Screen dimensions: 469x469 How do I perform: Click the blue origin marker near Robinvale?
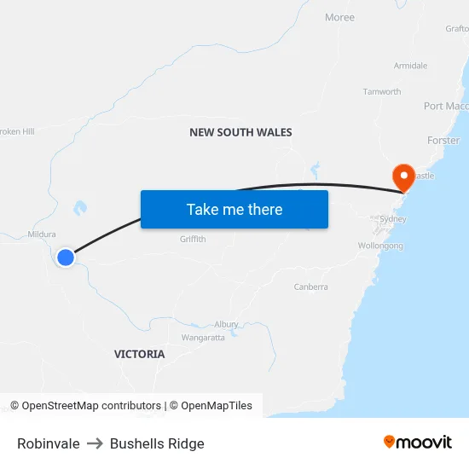pyautogui.click(x=66, y=257)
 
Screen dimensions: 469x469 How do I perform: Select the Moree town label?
pyautogui.click(x=339, y=17)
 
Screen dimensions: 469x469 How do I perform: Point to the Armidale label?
pyautogui.click(x=410, y=66)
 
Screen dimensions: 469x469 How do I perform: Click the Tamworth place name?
pyautogui.click(x=381, y=91)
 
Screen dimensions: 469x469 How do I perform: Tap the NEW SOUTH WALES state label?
pyautogui.click(x=240, y=132)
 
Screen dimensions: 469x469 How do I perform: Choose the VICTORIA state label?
pyautogui.click(x=140, y=354)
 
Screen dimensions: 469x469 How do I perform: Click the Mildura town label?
pyautogui.click(x=42, y=234)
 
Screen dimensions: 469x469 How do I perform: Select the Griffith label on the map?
pyautogui.click(x=193, y=240)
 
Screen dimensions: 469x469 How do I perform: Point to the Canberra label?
pyautogui.click(x=310, y=287)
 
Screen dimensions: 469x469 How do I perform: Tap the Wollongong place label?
pyautogui.click(x=380, y=246)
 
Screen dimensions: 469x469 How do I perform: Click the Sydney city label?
pyautogui.click(x=393, y=219)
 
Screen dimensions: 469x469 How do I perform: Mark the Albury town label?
pyautogui.click(x=226, y=325)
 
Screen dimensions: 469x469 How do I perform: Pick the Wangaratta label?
pyautogui.click(x=203, y=338)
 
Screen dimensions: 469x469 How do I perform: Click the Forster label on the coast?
pyautogui.click(x=443, y=140)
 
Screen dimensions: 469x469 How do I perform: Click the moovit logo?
pyautogui.click(x=418, y=442)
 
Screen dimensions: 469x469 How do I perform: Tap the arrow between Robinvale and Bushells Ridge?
pyautogui.click(x=95, y=443)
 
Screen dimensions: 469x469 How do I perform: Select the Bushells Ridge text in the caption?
pyautogui.click(x=157, y=443)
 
